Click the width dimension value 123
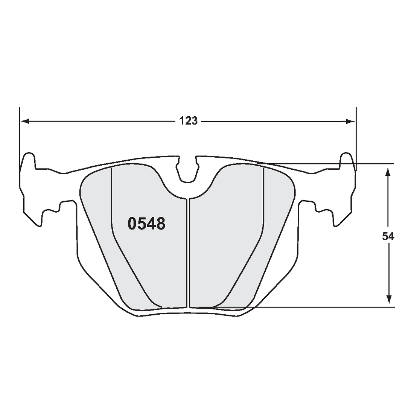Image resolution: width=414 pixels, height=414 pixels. coord(188,121)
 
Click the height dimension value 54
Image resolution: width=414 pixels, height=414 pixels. coord(388,236)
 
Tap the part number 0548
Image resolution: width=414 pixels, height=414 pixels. coord(146,224)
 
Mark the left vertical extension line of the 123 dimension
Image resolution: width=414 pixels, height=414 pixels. coord(19,135)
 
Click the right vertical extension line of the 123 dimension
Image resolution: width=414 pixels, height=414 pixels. coord(356,135)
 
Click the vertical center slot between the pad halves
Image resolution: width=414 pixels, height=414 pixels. coord(188,252)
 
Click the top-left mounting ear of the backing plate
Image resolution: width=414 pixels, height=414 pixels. coord(29,162)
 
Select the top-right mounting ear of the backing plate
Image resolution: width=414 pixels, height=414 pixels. coord(347,162)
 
